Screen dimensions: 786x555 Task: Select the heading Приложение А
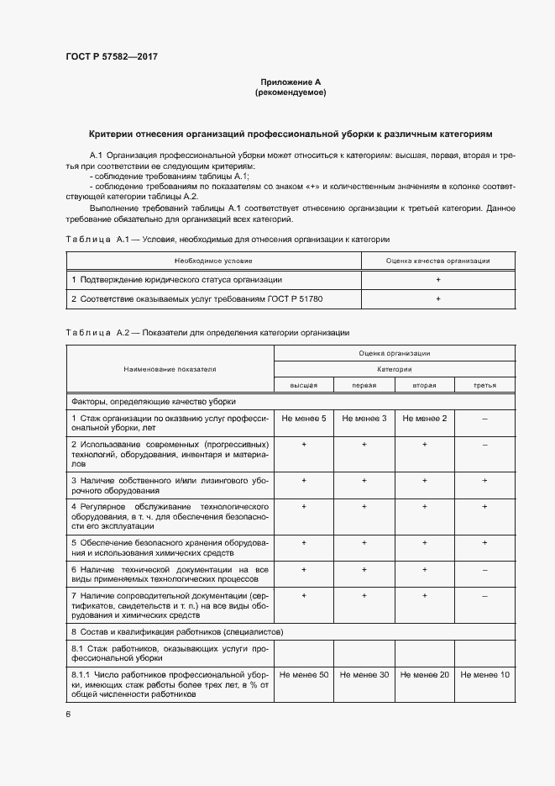coord(291,82)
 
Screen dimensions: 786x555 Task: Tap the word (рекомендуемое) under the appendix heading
coord(291,92)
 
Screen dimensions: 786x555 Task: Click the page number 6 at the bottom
coord(68,714)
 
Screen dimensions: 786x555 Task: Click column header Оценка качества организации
coord(437,261)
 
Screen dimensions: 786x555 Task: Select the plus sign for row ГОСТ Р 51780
coord(437,299)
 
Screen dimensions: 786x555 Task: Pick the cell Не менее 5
coord(304,418)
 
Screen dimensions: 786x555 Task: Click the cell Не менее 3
coord(364,418)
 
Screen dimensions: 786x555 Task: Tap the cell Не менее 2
coord(425,418)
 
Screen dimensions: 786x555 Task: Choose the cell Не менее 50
coord(304,675)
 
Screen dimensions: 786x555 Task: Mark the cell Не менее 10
coord(485,675)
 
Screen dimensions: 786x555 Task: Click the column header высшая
coord(304,384)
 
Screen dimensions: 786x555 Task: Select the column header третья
coord(485,384)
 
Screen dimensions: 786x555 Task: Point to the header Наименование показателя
coord(170,368)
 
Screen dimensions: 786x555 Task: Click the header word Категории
coord(394,369)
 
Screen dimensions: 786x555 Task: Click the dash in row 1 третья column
coord(485,418)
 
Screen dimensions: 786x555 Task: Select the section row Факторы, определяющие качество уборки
coord(154,401)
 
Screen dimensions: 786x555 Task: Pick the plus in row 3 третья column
coord(485,480)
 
